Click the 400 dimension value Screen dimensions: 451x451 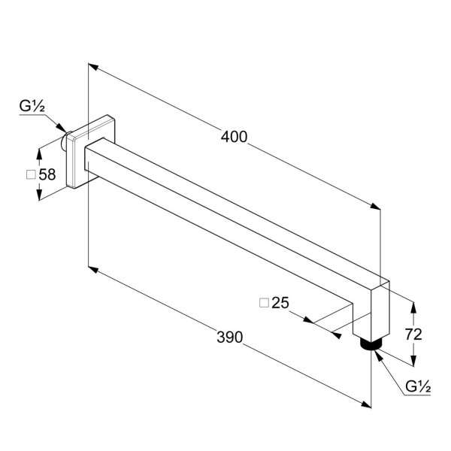click(234, 137)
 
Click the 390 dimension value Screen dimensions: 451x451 click(229, 337)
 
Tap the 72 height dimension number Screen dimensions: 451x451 click(413, 334)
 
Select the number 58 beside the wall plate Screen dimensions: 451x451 click(47, 174)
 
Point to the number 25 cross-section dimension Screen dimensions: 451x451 click(280, 303)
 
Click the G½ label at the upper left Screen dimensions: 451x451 click(32, 106)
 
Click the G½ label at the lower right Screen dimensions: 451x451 click(418, 386)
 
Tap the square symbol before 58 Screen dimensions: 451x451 click(31, 174)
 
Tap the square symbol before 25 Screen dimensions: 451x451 click(264, 303)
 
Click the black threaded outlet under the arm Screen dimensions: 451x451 click(371, 344)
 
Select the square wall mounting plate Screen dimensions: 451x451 click(91, 152)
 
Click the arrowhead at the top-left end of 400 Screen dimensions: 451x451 click(93, 66)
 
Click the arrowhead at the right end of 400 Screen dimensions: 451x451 click(375, 206)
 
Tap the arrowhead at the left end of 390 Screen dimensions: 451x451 click(93, 270)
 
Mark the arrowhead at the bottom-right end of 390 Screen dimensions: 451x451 click(366, 404)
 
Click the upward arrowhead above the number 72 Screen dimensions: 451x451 click(413, 307)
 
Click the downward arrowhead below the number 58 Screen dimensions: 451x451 click(39, 194)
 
